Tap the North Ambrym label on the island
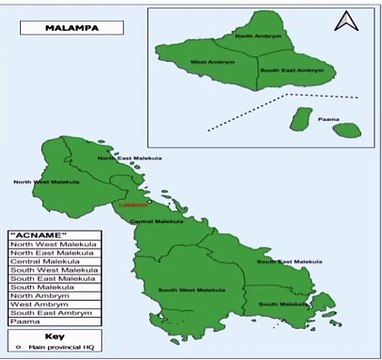(257, 36)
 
